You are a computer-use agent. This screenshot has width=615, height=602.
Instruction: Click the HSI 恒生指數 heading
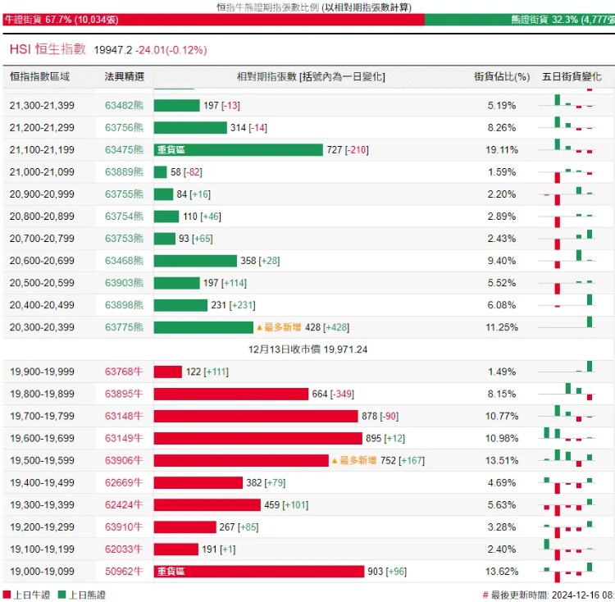coord(48,49)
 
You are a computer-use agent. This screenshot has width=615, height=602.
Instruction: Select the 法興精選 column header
coord(124,76)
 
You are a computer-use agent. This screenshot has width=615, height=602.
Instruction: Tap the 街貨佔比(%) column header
coord(501,76)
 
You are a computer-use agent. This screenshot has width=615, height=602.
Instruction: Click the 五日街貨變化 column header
coord(572,76)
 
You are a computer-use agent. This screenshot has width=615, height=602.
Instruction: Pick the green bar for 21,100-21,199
coord(239,150)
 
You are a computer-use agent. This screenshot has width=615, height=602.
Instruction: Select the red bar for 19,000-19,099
coord(259,572)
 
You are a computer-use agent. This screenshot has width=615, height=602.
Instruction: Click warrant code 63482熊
coord(124,106)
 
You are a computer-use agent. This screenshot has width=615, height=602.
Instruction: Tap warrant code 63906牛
coord(124,460)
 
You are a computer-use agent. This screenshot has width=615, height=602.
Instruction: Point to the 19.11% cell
coord(501,150)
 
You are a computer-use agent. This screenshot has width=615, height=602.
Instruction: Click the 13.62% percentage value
coord(501,572)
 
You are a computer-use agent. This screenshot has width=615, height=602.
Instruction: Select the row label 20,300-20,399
coord(42,327)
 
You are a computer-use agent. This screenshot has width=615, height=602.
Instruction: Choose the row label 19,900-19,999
coord(42,372)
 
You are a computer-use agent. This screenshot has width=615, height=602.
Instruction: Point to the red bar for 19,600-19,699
coord(257,438)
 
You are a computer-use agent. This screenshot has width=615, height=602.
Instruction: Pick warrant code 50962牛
coord(124,572)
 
